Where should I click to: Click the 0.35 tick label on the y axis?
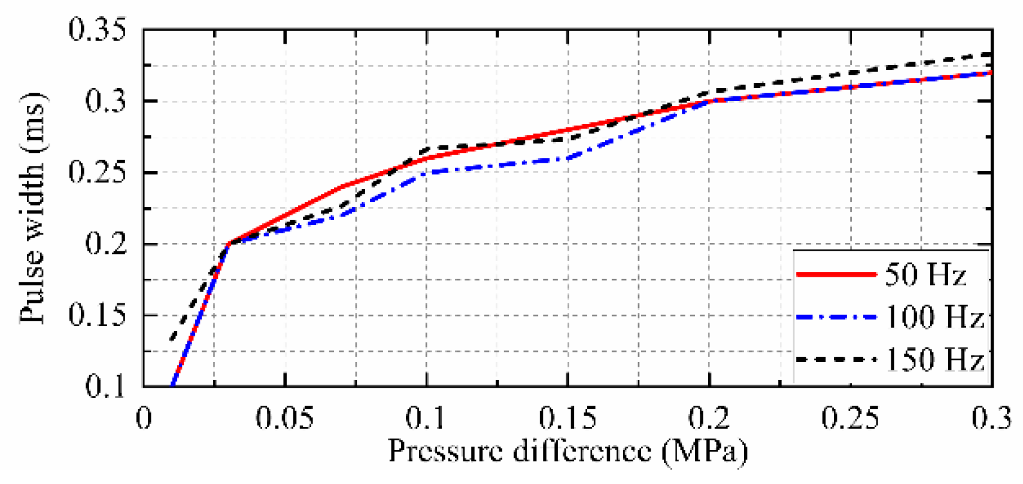(98, 30)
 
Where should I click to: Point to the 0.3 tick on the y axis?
(106, 101)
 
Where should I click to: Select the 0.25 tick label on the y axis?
(98, 172)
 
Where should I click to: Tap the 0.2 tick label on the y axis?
(106, 244)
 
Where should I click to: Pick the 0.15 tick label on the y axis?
(98, 315)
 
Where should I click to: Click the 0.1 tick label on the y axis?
(106, 386)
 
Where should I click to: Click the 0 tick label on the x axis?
(144, 418)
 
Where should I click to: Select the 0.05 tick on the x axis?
(285, 418)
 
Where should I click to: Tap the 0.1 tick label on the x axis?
(426, 418)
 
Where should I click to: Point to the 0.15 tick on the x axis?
(567, 418)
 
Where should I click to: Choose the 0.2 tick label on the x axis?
(709, 418)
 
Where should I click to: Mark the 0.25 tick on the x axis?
(851, 418)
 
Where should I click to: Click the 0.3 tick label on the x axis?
(991, 418)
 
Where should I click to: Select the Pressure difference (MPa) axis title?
(567, 452)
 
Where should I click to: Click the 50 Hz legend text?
(925, 275)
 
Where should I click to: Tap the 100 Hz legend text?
(934, 317)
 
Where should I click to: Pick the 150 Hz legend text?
(934, 360)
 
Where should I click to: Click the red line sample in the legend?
(836, 275)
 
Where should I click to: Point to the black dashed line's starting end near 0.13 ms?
(172, 339)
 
